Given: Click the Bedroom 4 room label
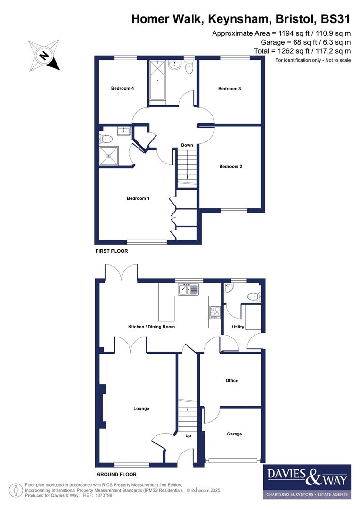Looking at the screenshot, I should pyautogui.click(x=123, y=88).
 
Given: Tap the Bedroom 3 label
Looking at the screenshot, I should pyautogui.click(x=229, y=88).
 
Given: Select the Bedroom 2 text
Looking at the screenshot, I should pyautogui.click(x=231, y=166).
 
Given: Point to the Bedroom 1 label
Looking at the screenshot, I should pyautogui.click(x=138, y=198).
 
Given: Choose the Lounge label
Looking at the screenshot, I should pyautogui.click(x=141, y=409).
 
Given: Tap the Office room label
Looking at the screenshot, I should pyautogui.click(x=232, y=380).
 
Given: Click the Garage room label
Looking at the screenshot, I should pyautogui.click(x=234, y=434).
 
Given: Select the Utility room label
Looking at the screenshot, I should pyautogui.click(x=238, y=327).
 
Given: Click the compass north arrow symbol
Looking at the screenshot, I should pyautogui.click(x=44, y=56).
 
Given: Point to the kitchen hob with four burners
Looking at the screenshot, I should pyautogui.click(x=215, y=312).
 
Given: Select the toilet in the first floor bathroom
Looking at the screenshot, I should pyautogui.click(x=189, y=68).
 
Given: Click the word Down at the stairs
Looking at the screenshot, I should pyautogui.click(x=187, y=145).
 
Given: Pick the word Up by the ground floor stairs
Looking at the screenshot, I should pyautogui.click(x=188, y=436).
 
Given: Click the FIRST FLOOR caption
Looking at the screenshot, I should pyautogui.click(x=112, y=251).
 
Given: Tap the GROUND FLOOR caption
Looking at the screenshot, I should pyautogui.click(x=116, y=475).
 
